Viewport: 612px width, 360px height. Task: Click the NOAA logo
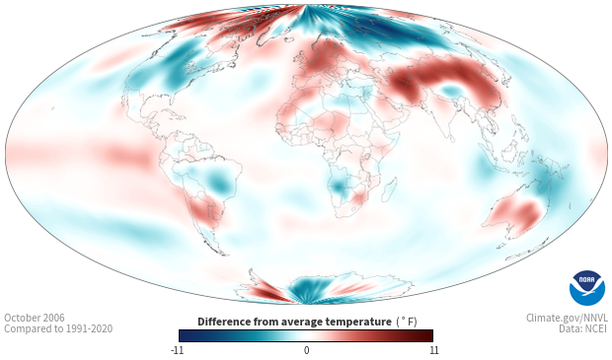586,288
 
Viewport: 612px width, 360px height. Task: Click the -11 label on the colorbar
177,350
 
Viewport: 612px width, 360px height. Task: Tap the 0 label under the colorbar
306,350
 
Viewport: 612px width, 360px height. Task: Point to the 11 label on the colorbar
433,350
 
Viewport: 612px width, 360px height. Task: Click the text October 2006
35,318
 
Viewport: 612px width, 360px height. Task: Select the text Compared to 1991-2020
58,328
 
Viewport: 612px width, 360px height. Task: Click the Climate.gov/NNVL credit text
567,318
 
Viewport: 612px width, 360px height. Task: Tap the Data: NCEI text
583,328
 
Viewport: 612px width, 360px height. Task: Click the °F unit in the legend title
407,322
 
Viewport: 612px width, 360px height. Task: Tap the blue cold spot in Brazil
218,181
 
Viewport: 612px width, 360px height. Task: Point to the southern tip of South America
224,253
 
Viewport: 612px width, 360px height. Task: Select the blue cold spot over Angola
338,186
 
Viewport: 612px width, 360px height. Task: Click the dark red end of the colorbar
427,335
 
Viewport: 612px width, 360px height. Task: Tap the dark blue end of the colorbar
185,335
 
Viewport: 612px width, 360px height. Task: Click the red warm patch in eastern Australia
528,212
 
